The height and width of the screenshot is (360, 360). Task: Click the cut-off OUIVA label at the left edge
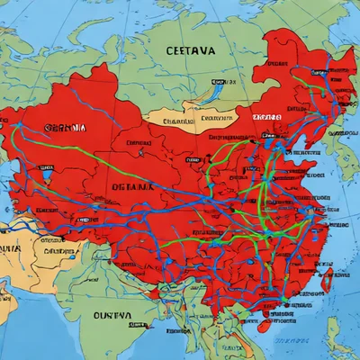coord(9,247)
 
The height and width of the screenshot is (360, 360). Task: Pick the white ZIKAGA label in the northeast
coord(267,117)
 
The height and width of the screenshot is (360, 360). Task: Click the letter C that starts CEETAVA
coord(170,51)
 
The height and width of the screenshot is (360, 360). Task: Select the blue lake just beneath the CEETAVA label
coord(216,88)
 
